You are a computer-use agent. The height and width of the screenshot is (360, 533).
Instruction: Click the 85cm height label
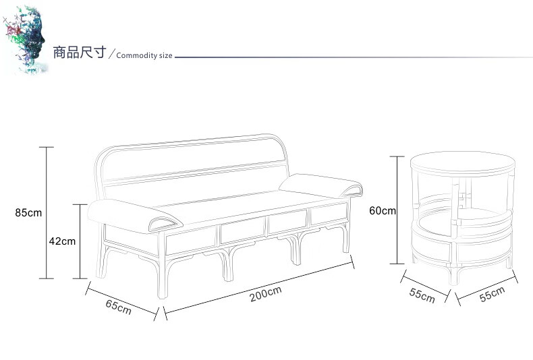[28, 212]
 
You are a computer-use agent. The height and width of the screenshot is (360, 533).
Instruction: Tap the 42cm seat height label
[62, 241]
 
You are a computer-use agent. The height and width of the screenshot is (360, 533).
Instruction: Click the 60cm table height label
[383, 210]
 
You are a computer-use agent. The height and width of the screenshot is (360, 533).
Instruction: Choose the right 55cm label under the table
[492, 295]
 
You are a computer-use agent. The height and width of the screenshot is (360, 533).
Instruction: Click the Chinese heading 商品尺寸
[79, 53]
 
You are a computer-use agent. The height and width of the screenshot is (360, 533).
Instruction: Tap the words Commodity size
[144, 55]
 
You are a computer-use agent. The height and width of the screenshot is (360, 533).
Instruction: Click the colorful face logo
[25, 38]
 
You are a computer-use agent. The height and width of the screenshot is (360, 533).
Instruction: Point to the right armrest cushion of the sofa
[320, 183]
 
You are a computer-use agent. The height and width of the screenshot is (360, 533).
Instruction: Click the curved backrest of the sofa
[192, 158]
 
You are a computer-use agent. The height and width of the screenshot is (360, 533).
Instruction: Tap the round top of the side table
[463, 162]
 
